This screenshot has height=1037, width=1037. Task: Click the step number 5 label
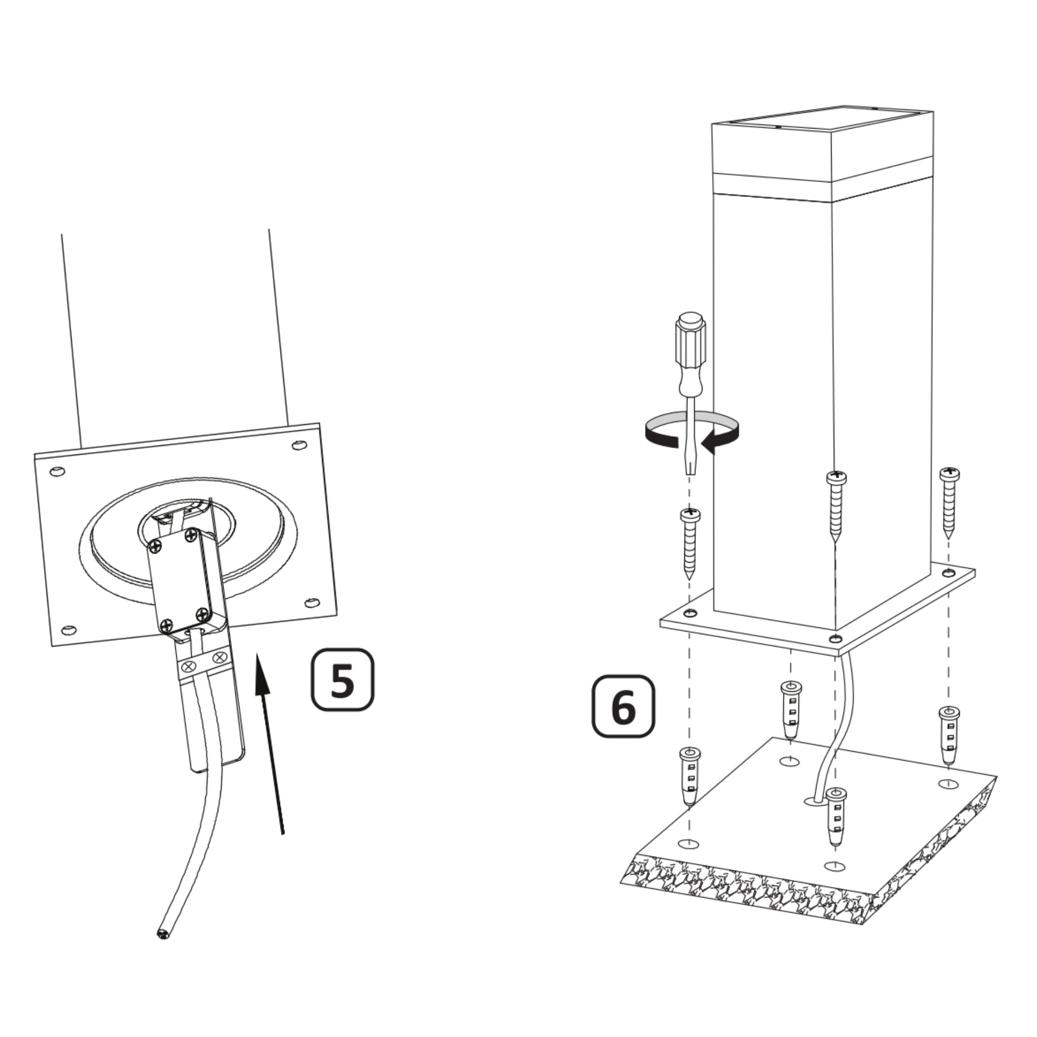coord(342,680)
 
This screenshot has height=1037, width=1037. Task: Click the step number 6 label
coord(623,706)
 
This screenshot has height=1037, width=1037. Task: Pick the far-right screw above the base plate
coord(949,503)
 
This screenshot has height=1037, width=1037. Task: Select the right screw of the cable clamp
coord(219,657)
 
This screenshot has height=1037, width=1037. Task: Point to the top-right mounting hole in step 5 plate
coord(299,445)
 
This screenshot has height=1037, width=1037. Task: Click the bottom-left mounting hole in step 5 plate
coord(69,629)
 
